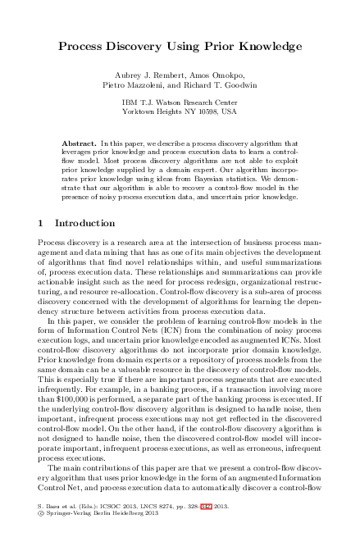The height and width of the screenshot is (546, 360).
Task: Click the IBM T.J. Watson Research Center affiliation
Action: (x=180, y=101)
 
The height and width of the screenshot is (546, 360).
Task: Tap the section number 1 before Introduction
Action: (x=42, y=223)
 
